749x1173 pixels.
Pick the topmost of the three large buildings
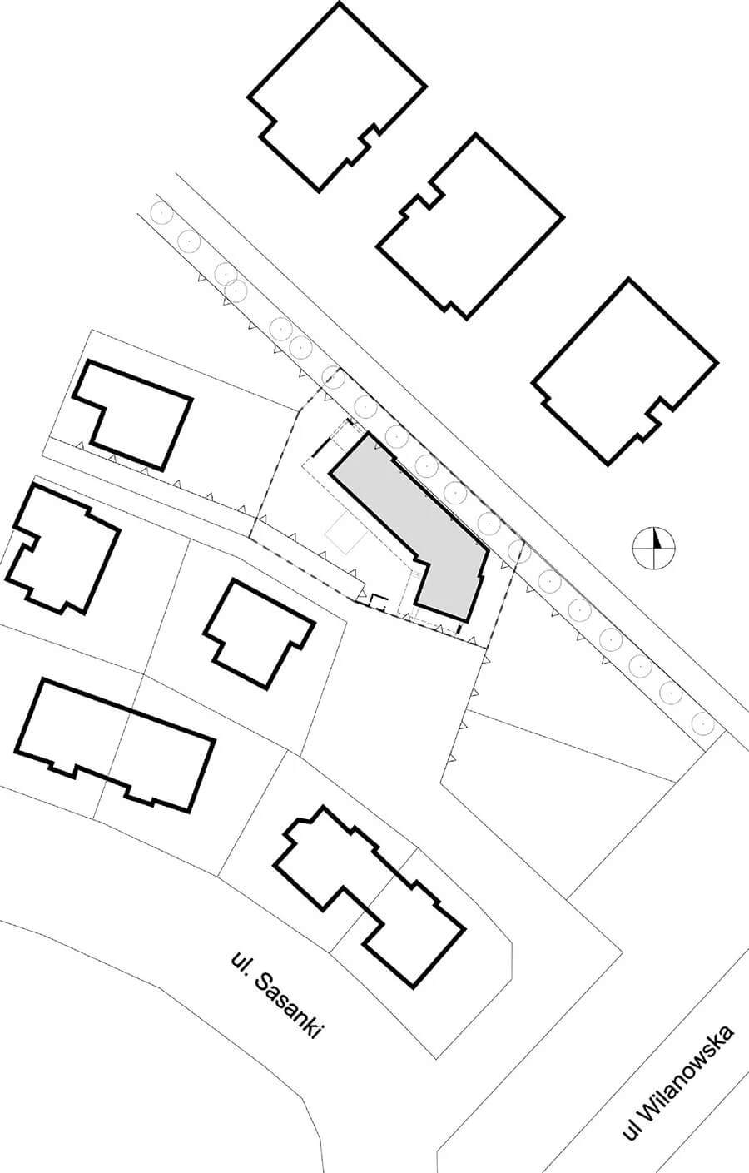point(337,96)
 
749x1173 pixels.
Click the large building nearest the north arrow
point(625,370)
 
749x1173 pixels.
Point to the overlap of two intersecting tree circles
point(231,282)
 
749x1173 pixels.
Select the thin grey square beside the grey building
point(344,534)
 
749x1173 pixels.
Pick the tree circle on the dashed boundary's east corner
point(518,550)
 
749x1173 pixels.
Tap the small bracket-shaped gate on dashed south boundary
point(379,601)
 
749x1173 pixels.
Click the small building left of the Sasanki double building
point(259,633)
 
